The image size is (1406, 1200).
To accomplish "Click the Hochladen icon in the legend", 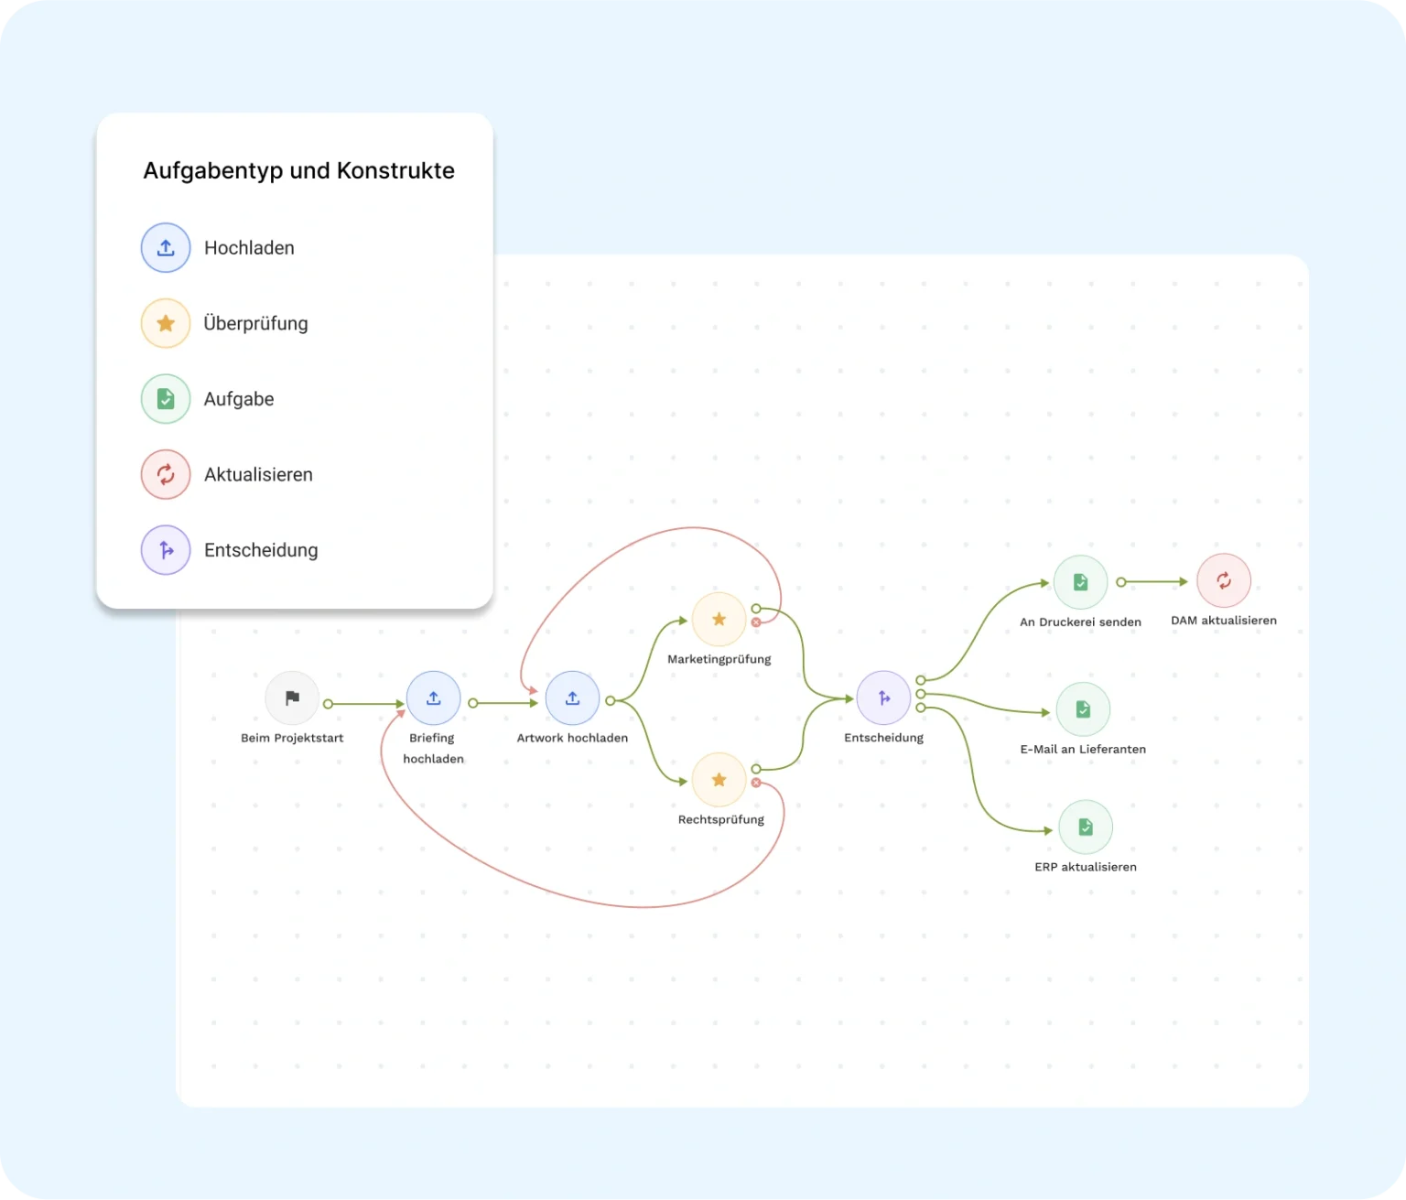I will pyautogui.click(x=166, y=248).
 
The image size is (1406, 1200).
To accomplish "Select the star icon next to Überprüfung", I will pyautogui.click(x=166, y=323).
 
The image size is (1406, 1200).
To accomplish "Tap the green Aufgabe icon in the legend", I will pyautogui.click(x=166, y=399).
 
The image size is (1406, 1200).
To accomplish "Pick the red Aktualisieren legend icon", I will pyautogui.click(x=166, y=474).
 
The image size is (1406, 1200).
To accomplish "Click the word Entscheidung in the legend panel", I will pyautogui.click(x=261, y=550).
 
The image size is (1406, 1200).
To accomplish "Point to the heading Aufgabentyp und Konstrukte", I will pyautogui.click(x=298, y=171).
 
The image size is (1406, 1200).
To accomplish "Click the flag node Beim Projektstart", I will pyautogui.click(x=292, y=698).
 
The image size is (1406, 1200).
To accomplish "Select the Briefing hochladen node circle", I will pyautogui.click(x=434, y=698).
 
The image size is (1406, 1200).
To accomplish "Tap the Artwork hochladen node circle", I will pyautogui.click(x=572, y=698).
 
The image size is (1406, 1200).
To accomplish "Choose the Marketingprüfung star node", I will pyautogui.click(x=719, y=620).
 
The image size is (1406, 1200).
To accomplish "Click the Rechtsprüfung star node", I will pyautogui.click(x=719, y=780).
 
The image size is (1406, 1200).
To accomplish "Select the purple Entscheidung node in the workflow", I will pyautogui.click(x=883, y=698).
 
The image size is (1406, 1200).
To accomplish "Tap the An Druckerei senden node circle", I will pyautogui.click(x=1080, y=582).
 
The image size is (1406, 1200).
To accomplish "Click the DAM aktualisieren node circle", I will pyautogui.click(x=1224, y=580).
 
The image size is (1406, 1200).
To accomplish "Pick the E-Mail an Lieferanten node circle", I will pyautogui.click(x=1083, y=709).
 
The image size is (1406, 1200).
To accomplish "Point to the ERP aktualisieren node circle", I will pyautogui.click(x=1086, y=827).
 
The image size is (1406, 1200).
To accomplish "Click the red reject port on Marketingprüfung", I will pyautogui.click(x=756, y=622).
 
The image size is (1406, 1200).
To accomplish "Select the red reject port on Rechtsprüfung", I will pyautogui.click(x=756, y=783).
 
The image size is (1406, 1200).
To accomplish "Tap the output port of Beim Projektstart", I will pyautogui.click(x=328, y=704).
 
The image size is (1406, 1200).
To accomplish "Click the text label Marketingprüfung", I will pyautogui.click(x=719, y=659).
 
